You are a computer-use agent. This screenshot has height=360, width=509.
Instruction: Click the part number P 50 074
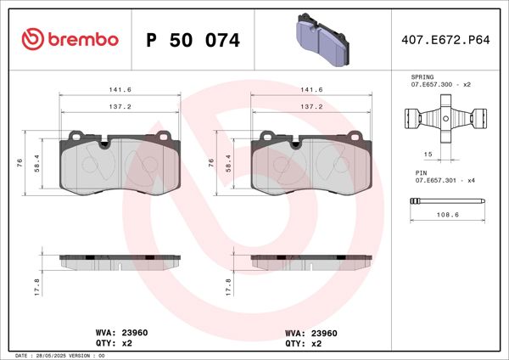click(193, 40)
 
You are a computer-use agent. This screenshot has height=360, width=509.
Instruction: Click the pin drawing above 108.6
click(446, 203)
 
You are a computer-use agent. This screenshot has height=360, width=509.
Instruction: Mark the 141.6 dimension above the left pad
click(118, 87)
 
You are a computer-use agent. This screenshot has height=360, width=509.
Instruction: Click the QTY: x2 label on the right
click(304, 344)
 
